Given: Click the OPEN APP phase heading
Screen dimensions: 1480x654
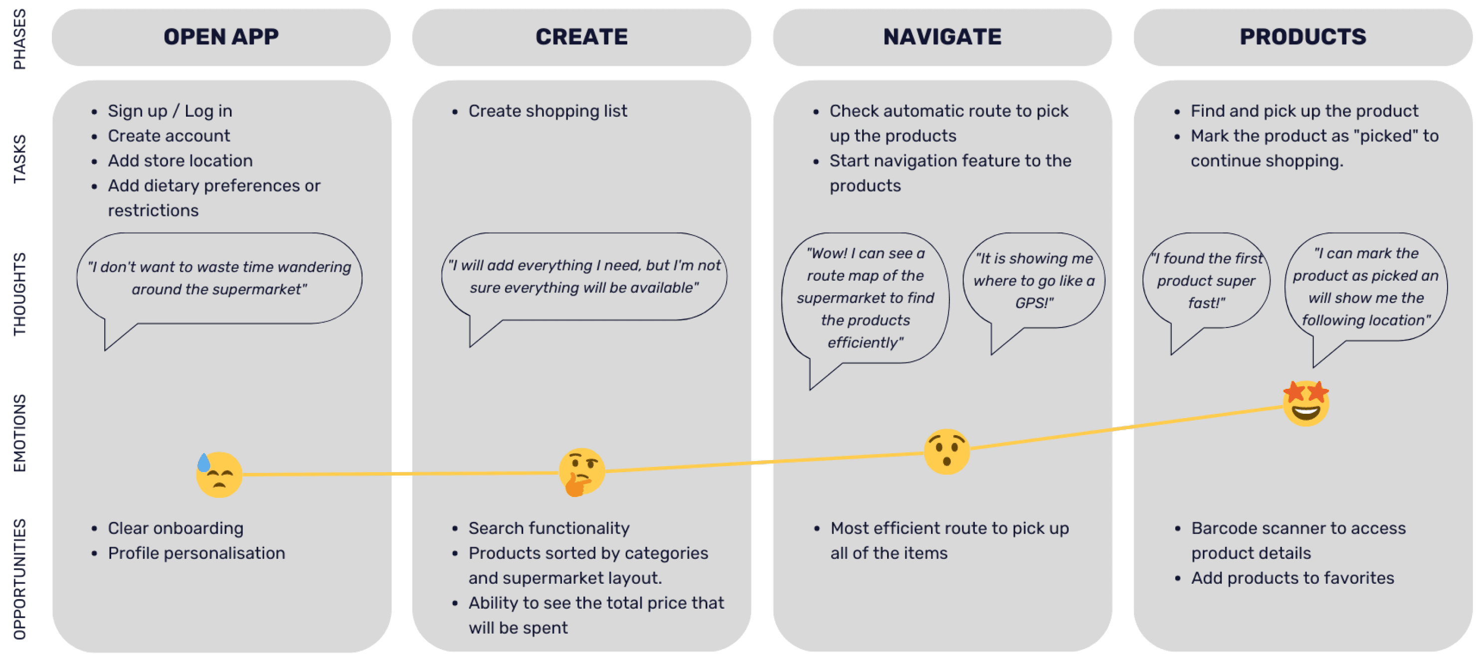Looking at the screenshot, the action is (221, 37).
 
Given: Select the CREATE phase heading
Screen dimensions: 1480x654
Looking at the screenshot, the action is (581, 37).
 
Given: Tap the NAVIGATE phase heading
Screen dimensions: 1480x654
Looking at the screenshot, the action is (942, 37).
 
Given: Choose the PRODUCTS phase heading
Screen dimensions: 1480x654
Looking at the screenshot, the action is (1302, 37).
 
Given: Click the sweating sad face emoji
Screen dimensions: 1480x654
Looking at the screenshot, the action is (218, 474).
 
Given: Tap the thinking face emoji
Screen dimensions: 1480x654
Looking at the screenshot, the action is (581, 472).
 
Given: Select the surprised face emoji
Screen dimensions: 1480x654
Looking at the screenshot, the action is (946, 451).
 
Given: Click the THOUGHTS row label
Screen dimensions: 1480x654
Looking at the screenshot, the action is (19, 294).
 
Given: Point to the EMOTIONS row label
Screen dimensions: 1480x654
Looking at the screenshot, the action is (19, 433).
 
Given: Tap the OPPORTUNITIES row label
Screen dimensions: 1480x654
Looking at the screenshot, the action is (19, 579).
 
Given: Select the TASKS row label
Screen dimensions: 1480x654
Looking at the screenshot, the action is (19, 159).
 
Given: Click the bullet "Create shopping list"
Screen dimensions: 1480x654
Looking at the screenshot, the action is (548, 111).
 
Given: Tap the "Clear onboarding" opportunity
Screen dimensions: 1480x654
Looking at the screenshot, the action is (175, 528).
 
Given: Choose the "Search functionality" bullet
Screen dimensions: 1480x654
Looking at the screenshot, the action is (549, 528).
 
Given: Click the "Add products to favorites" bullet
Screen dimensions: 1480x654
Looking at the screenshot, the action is (1292, 578).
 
